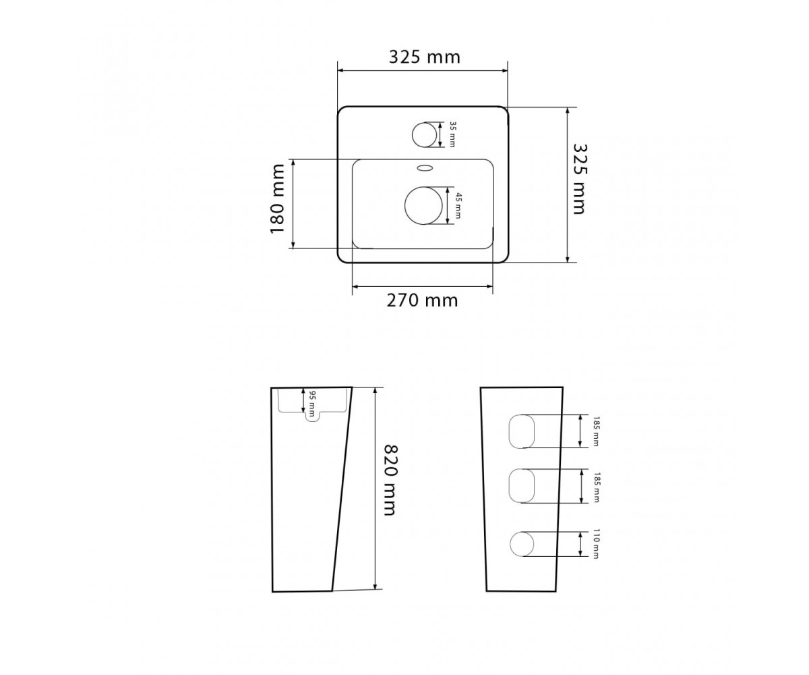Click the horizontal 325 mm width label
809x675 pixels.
[x=425, y=57]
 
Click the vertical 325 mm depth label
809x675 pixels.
[x=580, y=179]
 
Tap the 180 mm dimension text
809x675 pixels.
[x=277, y=198]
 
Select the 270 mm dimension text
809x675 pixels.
[x=422, y=300]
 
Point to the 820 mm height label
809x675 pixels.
[x=390, y=480]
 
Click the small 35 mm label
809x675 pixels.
[x=452, y=134]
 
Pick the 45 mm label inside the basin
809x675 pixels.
[x=458, y=206]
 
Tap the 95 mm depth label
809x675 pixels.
[x=313, y=404]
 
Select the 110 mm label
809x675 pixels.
[x=596, y=544]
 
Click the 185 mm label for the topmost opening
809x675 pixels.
[x=596, y=431]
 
